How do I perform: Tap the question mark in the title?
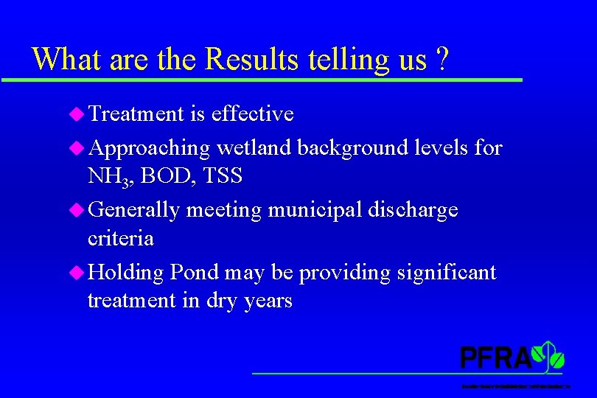click(x=441, y=59)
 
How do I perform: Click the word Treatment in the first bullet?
click(x=136, y=114)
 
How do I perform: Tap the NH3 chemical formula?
click(x=108, y=177)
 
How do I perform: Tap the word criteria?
click(x=120, y=238)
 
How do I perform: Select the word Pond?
click(x=194, y=273)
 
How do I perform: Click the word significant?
click(x=446, y=273)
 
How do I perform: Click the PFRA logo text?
click(x=495, y=357)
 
